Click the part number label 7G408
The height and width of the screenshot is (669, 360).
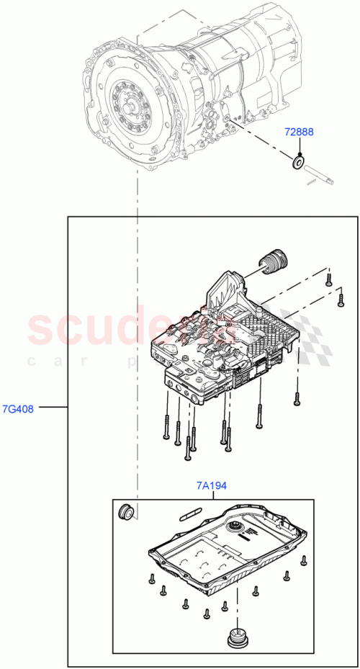pyautogui.click(x=18, y=408)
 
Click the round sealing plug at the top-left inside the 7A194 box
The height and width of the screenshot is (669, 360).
pyautogui.click(x=126, y=512)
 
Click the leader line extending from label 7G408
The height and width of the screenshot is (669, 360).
pyautogui.click(x=53, y=408)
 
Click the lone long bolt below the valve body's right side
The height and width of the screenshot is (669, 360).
pyautogui.click(x=295, y=398)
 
